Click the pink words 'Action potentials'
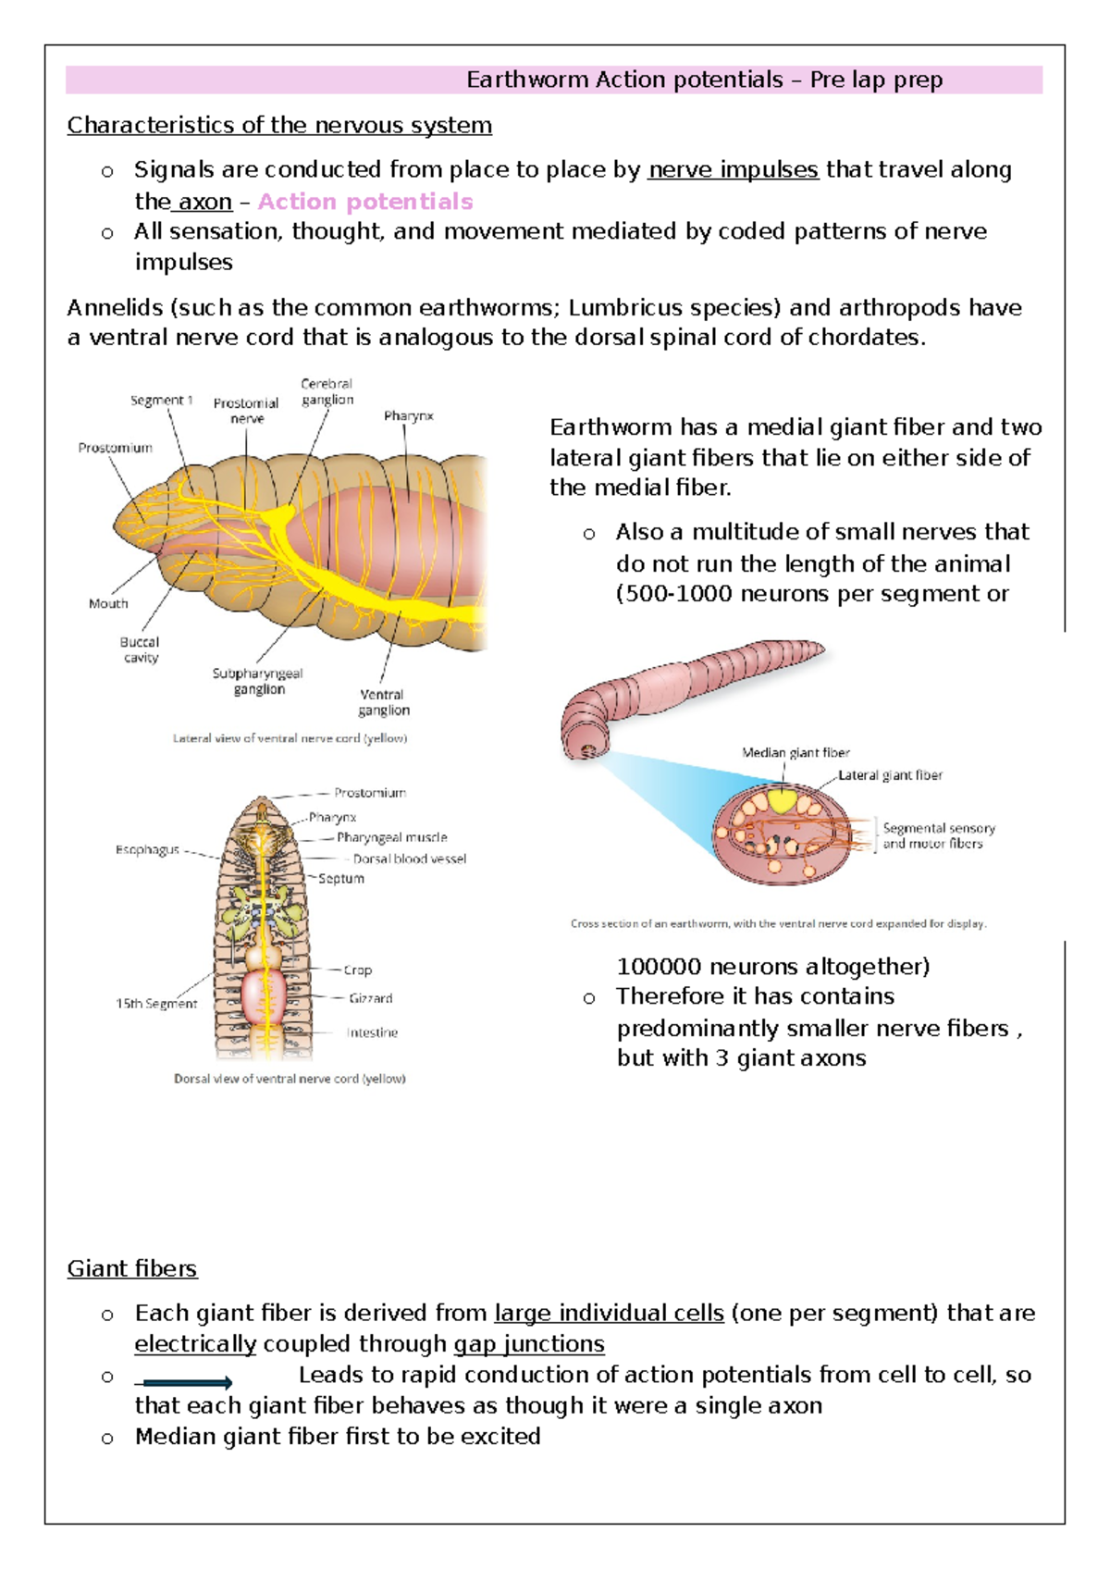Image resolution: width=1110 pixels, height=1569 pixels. [364, 202]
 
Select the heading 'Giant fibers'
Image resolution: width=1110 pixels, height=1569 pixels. [131, 1268]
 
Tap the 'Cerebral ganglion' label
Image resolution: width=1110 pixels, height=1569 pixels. [327, 391]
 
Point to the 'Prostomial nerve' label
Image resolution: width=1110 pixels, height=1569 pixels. [246, 411]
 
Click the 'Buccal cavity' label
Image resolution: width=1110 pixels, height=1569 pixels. [140, 649]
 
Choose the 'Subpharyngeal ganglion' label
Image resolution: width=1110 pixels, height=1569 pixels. [258, 681]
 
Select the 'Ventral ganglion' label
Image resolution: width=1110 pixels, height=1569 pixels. [383, 702]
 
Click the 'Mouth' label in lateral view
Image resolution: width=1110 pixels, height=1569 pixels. [108, 603]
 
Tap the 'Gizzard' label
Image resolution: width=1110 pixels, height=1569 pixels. [371, 998]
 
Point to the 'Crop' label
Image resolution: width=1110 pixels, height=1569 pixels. [358, 970]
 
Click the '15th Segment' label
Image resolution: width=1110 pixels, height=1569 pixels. [156, 1004]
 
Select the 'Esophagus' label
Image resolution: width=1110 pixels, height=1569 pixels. [147, 849]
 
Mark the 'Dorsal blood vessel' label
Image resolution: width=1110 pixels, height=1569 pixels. [410, 859]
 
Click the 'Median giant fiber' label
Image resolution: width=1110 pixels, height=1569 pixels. [795, 752]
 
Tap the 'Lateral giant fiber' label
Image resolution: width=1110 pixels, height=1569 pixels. [891, 775]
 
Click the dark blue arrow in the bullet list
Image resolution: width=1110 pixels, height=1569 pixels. [185, 1383]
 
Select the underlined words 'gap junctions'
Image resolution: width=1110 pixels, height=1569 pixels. [528, 1343]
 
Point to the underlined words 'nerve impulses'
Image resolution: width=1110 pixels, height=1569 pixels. [733, 170]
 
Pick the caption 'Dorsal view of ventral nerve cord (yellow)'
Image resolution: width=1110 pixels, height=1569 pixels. [290, 1079]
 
